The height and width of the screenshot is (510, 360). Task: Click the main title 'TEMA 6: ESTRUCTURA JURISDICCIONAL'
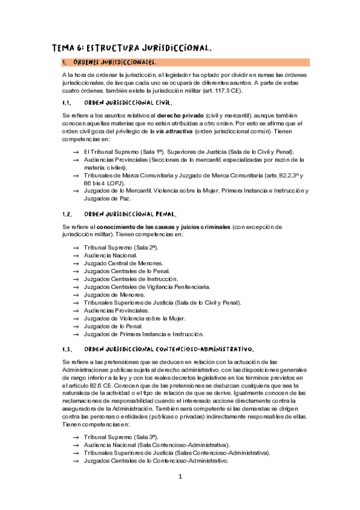(132, 48)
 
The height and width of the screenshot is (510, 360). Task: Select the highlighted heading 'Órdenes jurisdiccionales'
(115, 62)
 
